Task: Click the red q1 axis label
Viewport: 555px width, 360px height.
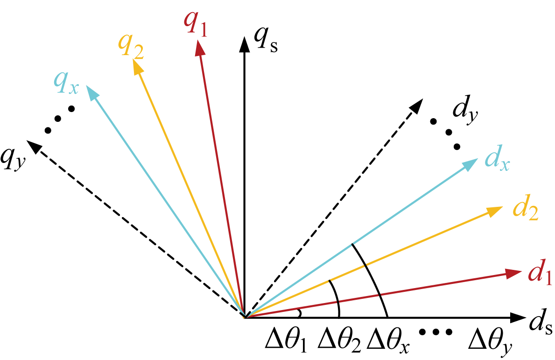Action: (x=195, y=24)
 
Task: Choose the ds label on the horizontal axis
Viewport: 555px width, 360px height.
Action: (x=541, y=323)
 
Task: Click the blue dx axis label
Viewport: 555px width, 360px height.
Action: (x=497, y=160)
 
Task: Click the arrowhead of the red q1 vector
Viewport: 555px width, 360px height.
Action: (x=199, y=48)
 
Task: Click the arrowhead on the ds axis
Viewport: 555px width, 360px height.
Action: (x=517, y=318)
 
